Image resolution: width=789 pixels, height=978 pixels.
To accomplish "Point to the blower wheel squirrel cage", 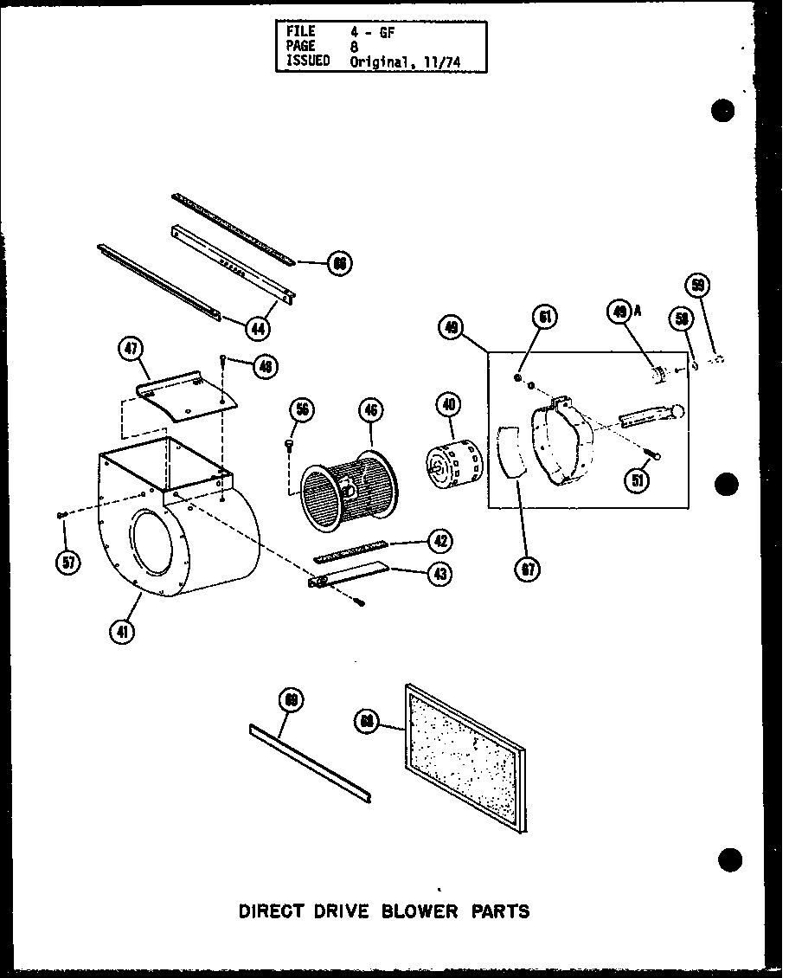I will pos(343,488).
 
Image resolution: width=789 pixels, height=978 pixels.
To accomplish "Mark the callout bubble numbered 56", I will pos(303,410).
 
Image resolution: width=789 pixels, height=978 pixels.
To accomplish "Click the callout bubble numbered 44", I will pos(258,328).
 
